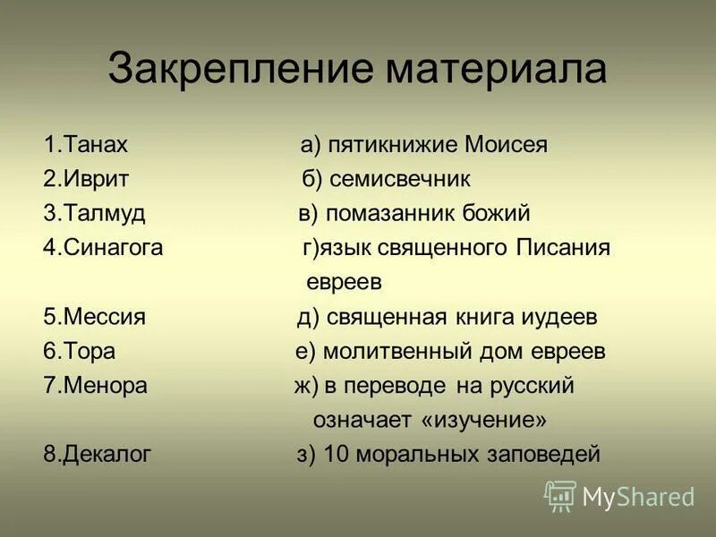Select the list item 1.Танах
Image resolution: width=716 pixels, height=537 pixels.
click(86, 145)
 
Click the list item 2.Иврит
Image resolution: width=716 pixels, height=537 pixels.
click(86, 179)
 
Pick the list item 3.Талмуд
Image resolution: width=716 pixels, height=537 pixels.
click(94, 214)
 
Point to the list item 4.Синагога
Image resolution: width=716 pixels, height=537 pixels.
click(103, 248)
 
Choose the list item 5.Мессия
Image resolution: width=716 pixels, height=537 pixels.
click(94, 318)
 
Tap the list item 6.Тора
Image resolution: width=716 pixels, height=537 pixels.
click(79, 352)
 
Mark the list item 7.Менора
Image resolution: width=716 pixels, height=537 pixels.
click(95, 386)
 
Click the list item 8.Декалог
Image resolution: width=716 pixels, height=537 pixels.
click(98, 455)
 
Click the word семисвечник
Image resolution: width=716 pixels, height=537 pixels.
click(399, 179)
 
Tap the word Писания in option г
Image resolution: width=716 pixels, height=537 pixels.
click(564, 248)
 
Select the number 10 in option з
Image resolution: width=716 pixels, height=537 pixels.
click(335, 455)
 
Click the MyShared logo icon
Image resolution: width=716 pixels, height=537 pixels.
click(560, 495)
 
